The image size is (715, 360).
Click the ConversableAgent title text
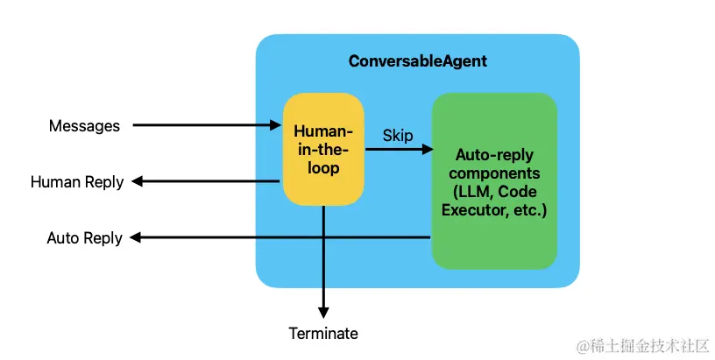coord(418,61)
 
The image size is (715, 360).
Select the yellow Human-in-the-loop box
coord(323,149)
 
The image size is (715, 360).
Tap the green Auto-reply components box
coord(494,181)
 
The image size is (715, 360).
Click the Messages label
coord(84,126)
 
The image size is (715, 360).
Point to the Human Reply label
coord(77,182)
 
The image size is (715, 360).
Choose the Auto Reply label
coord(85,238)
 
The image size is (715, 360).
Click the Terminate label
coord(323,334)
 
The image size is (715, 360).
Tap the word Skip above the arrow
coord(398,136)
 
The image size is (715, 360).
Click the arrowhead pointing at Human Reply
coord(137,181)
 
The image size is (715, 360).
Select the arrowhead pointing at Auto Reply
coord(135,237)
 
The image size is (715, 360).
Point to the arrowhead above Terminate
coord(323,312)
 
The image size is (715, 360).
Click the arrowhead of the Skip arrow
coord(428,149)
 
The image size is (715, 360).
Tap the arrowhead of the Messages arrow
coord(276,125)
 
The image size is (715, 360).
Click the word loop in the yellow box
coord(323,168)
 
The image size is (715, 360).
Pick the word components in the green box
coord(495,173)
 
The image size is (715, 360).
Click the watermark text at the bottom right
coord(643,346)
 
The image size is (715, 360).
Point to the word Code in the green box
coord(517,192)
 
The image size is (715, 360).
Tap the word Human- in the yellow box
coord(323,131)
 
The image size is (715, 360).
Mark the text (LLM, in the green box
coord(473,193)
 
